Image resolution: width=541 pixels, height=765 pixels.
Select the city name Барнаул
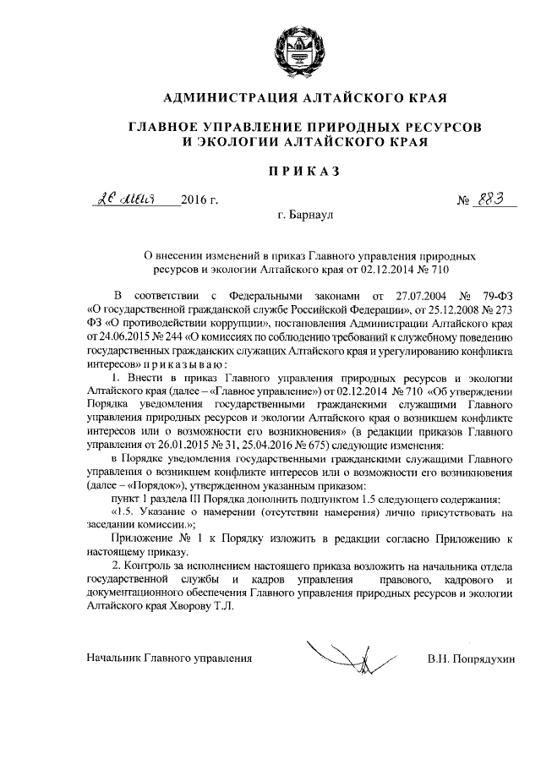pos(306,216)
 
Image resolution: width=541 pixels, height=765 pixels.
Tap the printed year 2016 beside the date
pos(199,200)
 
